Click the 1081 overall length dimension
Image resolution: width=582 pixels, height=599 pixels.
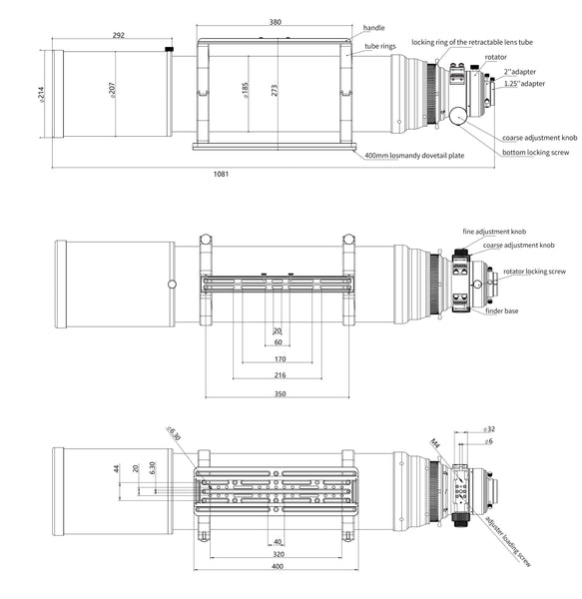(x=221, y=174)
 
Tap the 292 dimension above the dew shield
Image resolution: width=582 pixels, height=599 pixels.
(x=119, y=35)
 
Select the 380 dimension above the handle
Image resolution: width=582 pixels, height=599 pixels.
(x=275, y=22)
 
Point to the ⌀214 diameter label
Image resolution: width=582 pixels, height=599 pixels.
(x=41, y=95)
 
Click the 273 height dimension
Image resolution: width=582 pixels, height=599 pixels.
(x=275, y=90)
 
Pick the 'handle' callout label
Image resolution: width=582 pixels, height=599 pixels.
(x=373, y=28)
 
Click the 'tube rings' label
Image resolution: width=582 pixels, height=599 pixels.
(x=380, y=46)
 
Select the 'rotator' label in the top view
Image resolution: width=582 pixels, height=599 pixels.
(x=496, y=57)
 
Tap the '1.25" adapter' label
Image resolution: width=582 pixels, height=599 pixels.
(x=524, y=84)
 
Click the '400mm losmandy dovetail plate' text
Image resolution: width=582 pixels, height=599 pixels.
(x=414, y=156)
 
